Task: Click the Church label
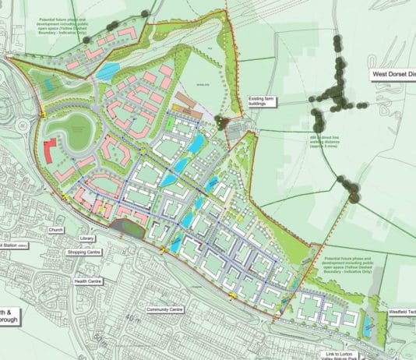click(55, 231)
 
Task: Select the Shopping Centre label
click(87, 252)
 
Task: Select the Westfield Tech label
click(401, 313)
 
